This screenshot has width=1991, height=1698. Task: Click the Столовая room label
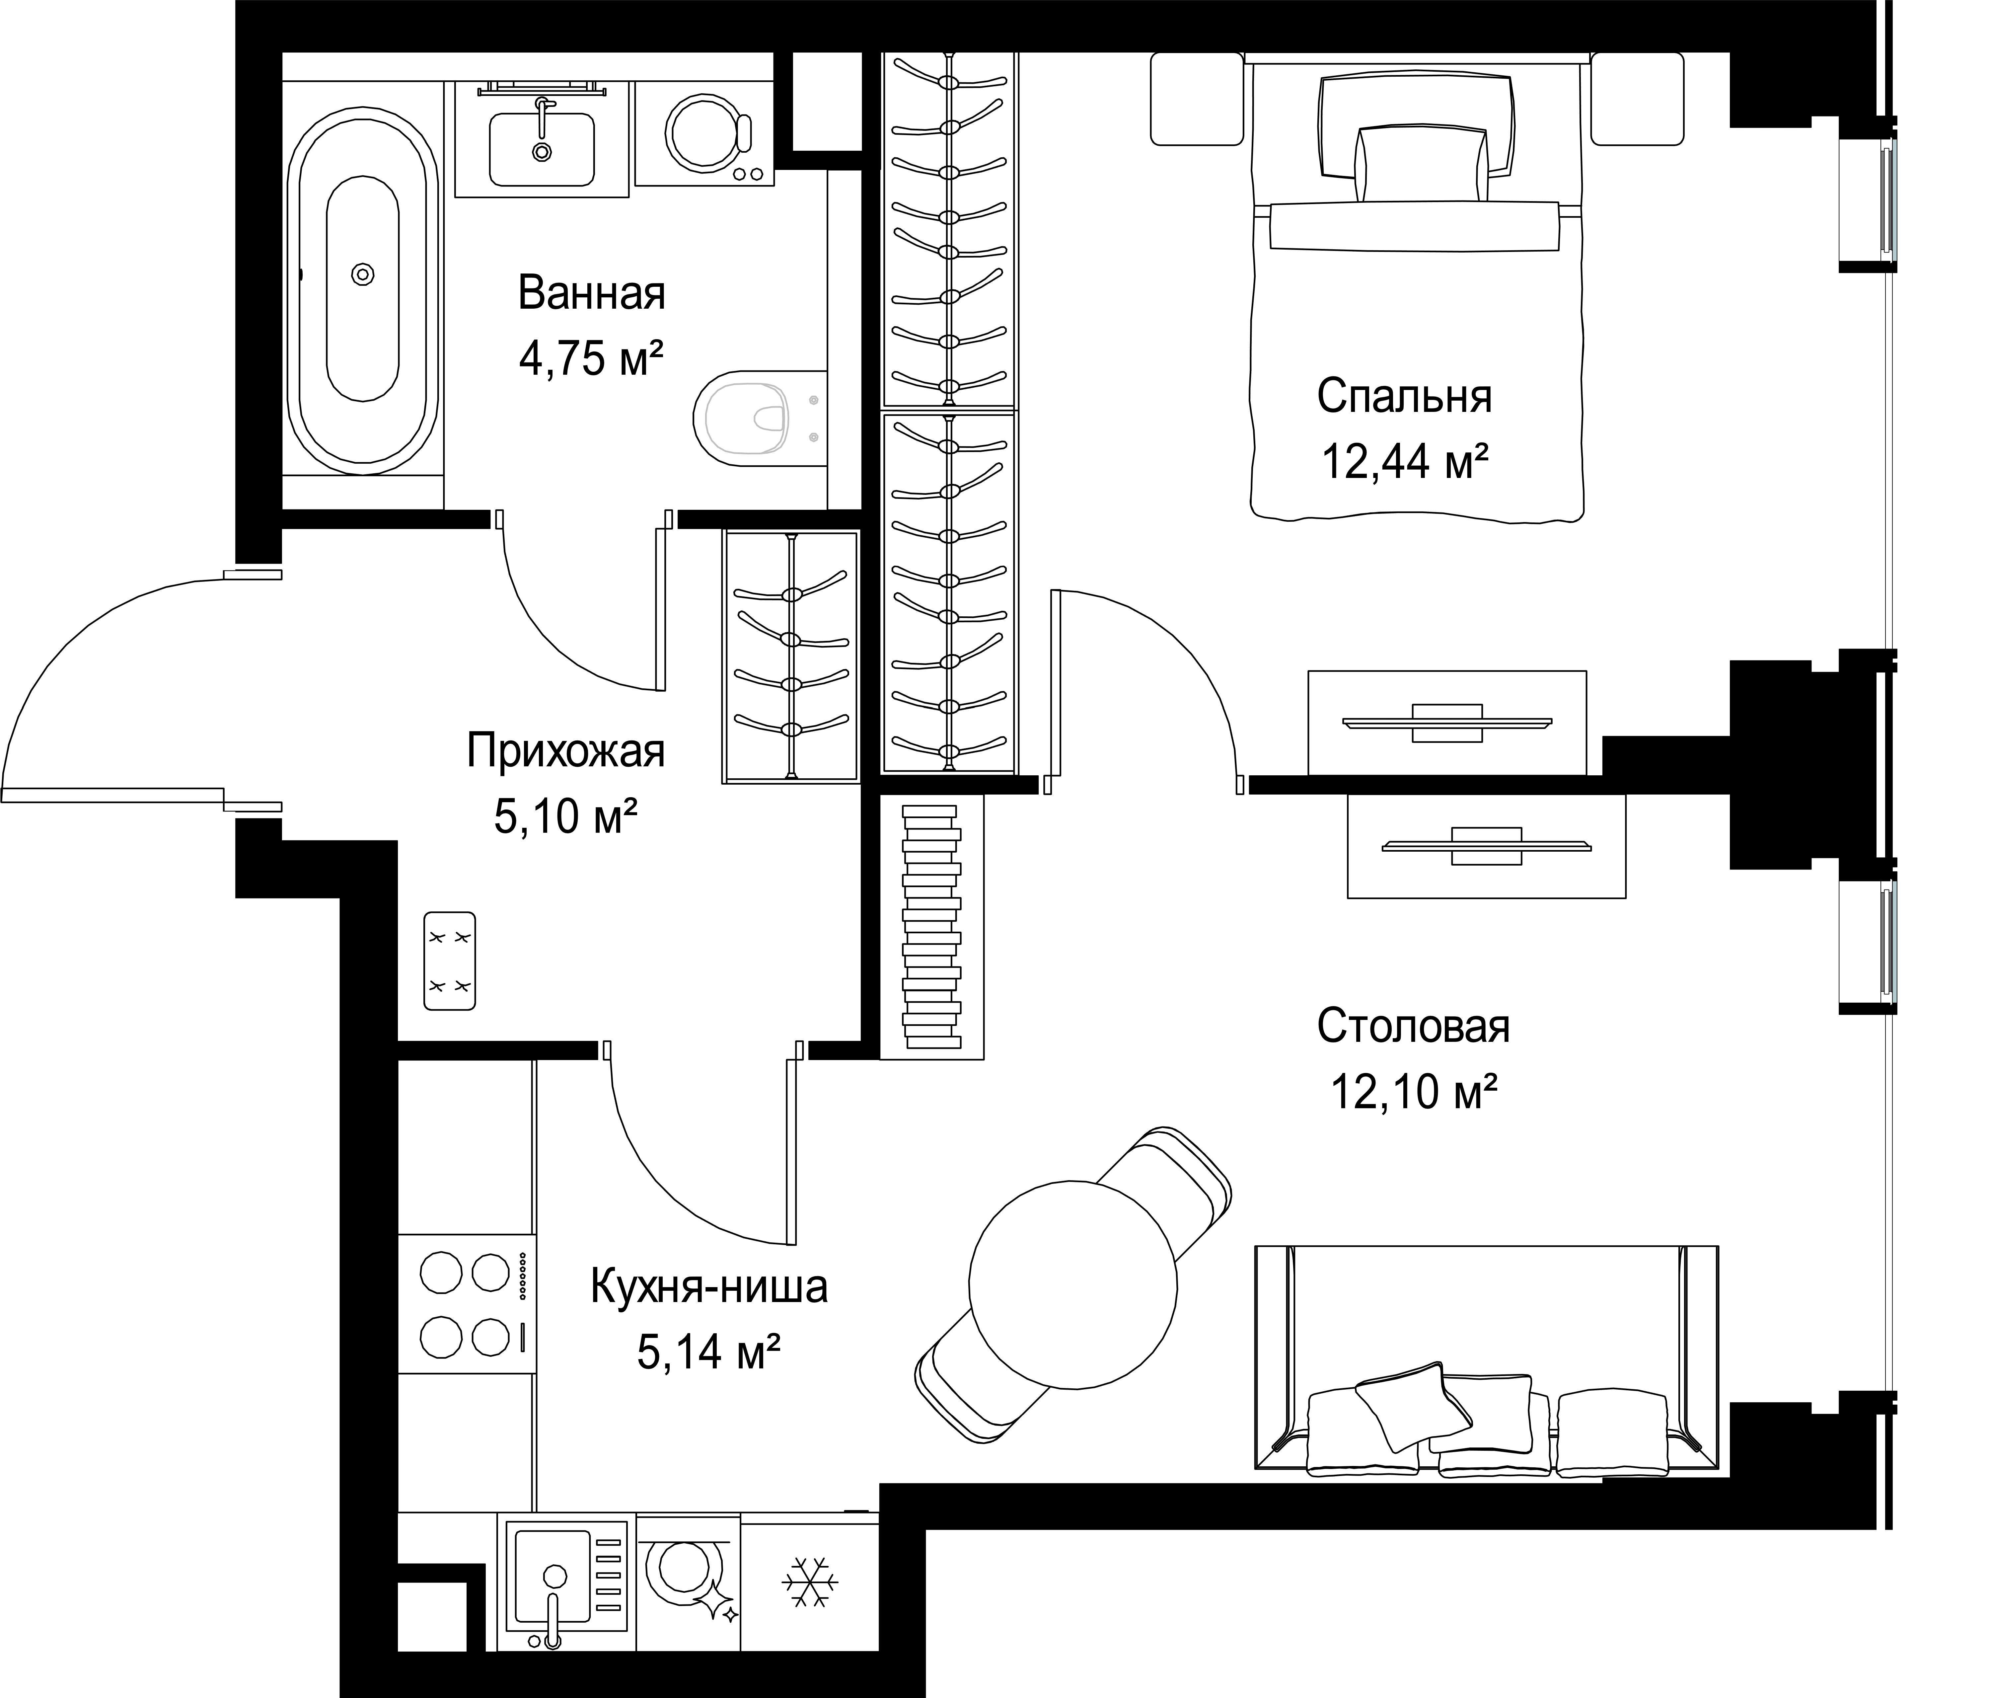[1414, 1026]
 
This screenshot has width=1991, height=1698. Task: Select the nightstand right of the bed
[1637, 99]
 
